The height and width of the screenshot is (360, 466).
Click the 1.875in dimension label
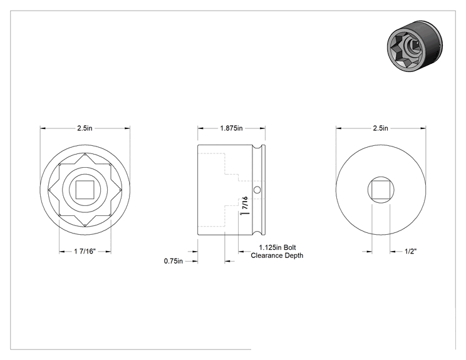[231, 128]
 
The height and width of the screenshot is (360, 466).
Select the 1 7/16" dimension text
[85, 251]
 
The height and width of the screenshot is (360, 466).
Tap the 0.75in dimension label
[173, 261]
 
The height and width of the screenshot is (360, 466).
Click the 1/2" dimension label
[410, 251]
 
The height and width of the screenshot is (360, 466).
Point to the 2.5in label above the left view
[85, 128]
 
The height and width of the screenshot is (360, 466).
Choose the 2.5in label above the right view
[380, 128]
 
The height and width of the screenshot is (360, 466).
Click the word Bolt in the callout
[290, 247]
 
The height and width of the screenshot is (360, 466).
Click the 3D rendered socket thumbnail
[415, 46]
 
